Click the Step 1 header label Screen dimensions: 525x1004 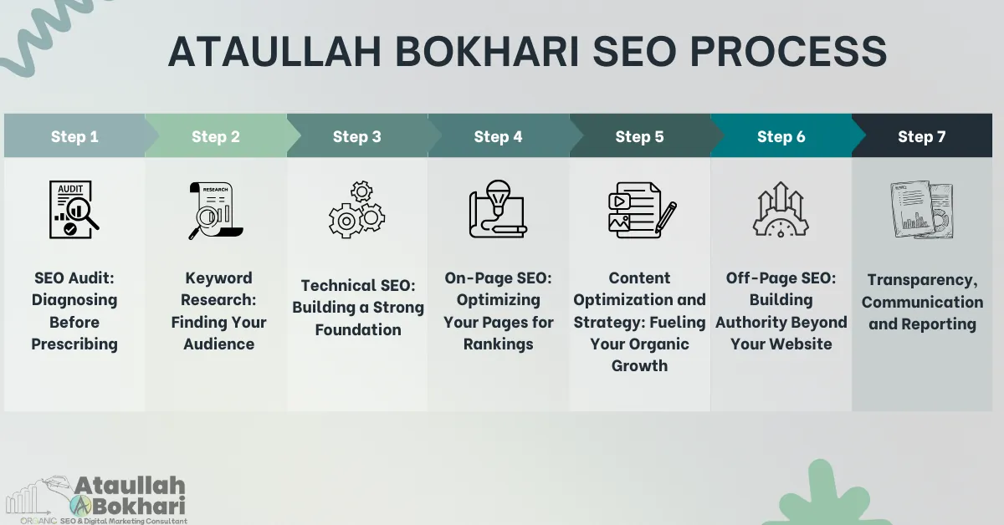pyautogui.click(x=74, y=136)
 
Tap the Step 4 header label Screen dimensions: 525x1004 pyautogui.click(x=498, y=136)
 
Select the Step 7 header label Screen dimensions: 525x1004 pyautogui.click(x=921, y=136)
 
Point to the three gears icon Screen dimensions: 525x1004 pyautogui.click(x=357, y=210)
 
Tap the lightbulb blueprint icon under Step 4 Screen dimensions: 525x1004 pyautogui.click(x=497, y=210)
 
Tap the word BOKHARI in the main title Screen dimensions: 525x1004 pyautogui.click(x=469, y=52)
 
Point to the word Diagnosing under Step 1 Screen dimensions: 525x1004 pyautogui.click(x=74, y=300)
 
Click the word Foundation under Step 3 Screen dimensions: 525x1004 pyautogui.click(x=357, y=329)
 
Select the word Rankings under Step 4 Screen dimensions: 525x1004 pyautogui.click(x=498, y=344)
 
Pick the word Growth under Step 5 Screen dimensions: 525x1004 pyautogui.click(x=639, y=365)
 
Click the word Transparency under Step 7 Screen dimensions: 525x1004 pyautogui.click(x=923, y=280)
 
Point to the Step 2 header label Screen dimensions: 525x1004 pyautogui.click(x=215, y=136)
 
